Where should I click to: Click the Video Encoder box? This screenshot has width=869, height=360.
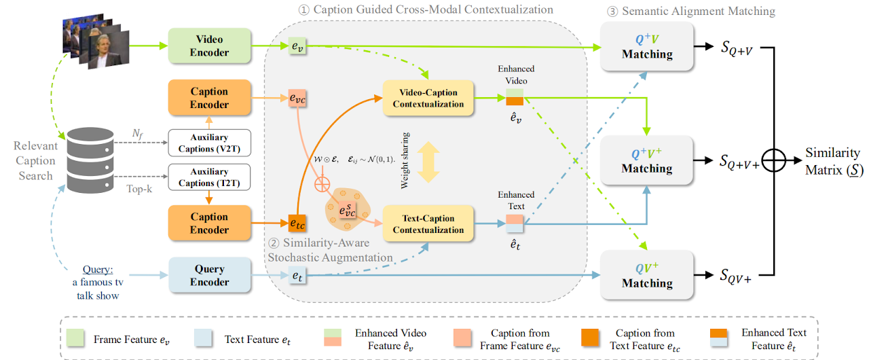click(x=209, y=46)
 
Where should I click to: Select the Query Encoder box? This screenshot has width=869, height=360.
click(x=209, y=274)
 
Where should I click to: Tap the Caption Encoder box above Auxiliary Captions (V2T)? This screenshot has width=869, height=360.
click(x=209, y=98)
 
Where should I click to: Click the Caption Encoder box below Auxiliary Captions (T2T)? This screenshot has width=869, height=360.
click(x=209, y=223)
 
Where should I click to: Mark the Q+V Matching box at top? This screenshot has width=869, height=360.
click(x=646, y=46)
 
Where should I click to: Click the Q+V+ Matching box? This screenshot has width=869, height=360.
click(x=646, y=160)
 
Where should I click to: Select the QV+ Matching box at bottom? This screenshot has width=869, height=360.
click(x=646, y=274)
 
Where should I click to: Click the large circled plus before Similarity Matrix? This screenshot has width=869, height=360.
click(x=774, y=161)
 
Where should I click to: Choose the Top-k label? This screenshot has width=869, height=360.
click(x=140, y=188)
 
